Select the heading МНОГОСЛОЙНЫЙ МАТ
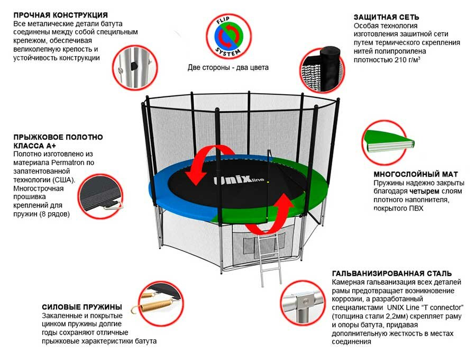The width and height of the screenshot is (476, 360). click(x=416, y=174)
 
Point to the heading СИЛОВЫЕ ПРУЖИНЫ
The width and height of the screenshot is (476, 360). click(x=82, y=307)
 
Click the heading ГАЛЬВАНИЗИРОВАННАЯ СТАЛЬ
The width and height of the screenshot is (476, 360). click(x=392, y=274)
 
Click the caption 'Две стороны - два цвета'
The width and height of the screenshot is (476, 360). click(x=228, y=68)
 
